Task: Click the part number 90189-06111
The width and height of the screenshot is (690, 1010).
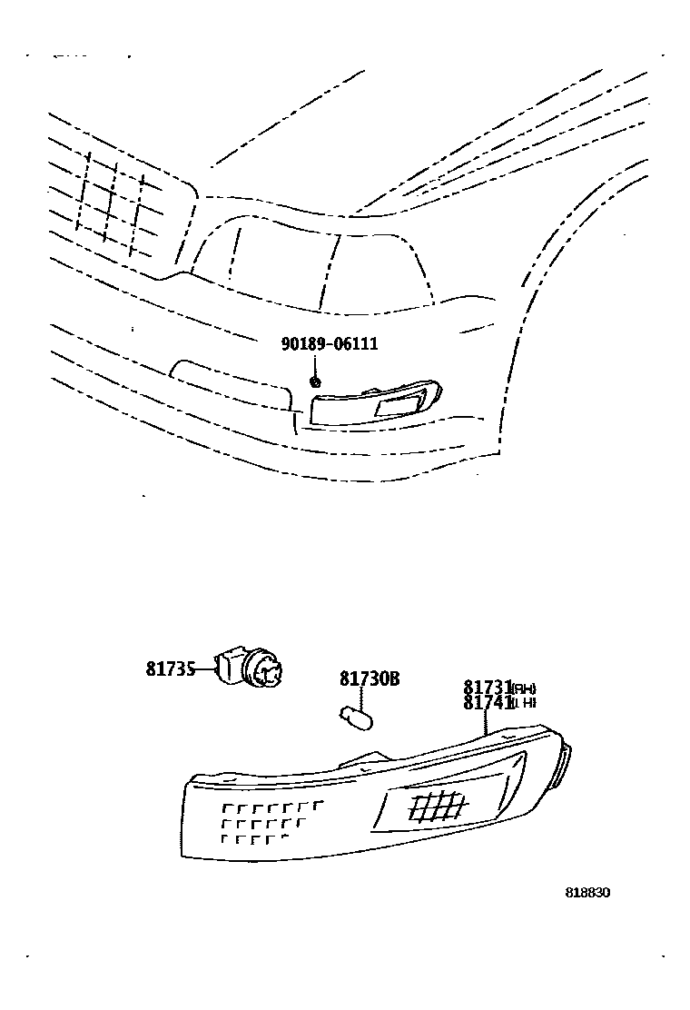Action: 330,344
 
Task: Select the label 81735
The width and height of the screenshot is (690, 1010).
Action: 171,669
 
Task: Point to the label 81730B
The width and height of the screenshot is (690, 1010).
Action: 370,679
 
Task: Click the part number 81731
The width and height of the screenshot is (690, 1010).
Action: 487,688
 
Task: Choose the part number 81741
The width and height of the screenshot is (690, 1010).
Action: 487,703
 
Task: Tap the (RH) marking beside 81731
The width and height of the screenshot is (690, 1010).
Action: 524,688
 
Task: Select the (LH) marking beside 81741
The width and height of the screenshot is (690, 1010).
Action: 524,704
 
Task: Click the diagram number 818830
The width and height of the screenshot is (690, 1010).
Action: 587,892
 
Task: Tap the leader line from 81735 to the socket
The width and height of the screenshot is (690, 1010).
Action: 207,670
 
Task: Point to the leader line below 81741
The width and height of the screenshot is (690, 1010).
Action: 488,722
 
